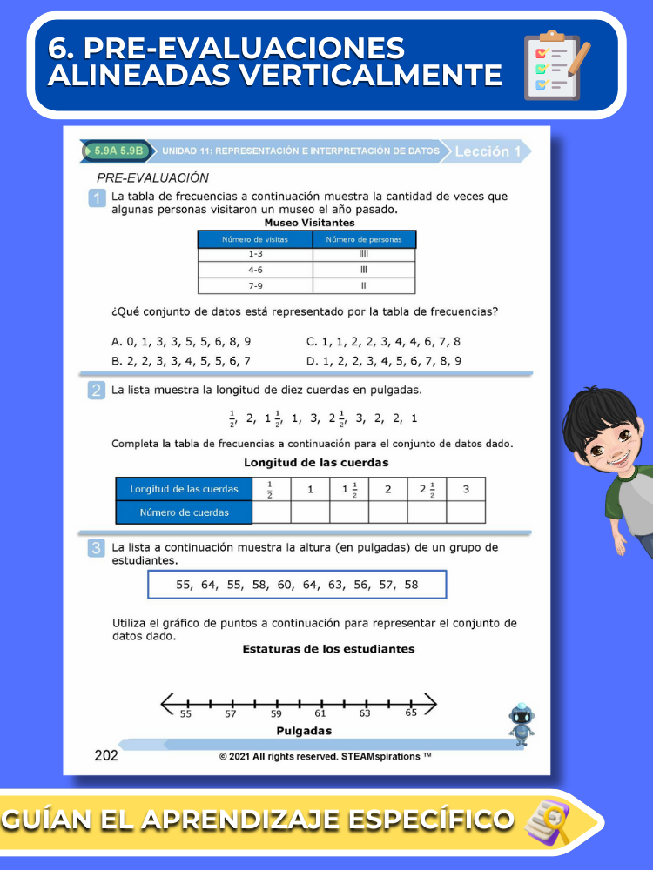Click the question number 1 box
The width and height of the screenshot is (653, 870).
coord(98,198)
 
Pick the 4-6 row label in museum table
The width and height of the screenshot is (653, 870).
coord(255,270)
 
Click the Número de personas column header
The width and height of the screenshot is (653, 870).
coord(364,239)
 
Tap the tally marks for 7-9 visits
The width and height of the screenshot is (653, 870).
coord(364,285)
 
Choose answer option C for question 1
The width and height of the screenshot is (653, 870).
coord(384,342)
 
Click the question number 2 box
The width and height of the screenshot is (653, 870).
coord(98,391)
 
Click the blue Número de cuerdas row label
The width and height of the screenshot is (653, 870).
coord(184,512)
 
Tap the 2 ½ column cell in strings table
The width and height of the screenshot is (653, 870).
coord(427,489)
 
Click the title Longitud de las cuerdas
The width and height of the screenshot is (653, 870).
coord(316,463)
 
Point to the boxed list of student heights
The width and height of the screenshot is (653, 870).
coord(297,585)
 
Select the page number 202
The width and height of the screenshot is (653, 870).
coord(106,755)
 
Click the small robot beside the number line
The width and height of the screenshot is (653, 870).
coord(521,725)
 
